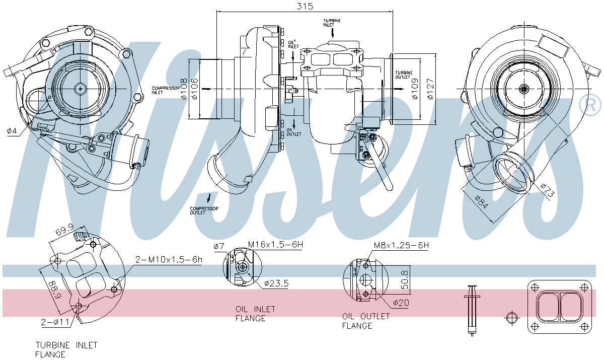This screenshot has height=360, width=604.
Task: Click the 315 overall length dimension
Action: click(x=305, y=6)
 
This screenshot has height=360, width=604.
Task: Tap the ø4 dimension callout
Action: click(x=12, y=131)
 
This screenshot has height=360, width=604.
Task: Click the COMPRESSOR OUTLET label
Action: click(x=204, y=210)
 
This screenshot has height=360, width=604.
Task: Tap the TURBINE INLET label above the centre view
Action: click(x=332, y=22)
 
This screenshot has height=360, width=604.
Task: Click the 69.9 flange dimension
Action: click(x=64, y=232)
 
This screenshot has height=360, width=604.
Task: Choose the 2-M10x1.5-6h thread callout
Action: click(x=169, y=260)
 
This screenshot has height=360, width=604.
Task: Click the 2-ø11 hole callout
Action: click(x=55, y=321)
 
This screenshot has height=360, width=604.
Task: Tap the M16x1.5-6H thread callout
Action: click(x=275, y=245)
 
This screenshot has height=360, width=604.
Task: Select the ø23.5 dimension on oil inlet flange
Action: click(x=276, y=283)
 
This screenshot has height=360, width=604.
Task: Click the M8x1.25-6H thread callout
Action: click(x=401, y=245)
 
